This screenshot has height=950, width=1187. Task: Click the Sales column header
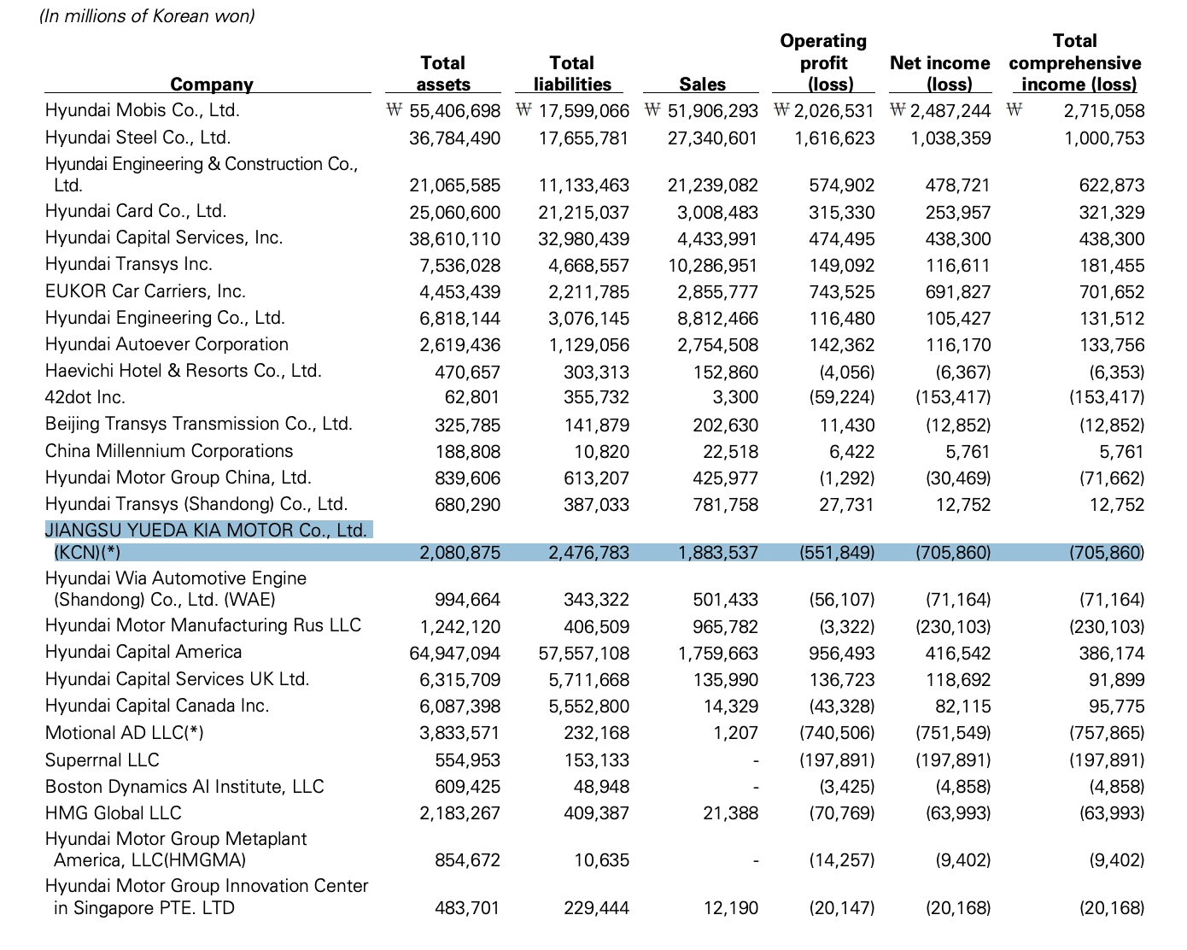pyautogui.click(x=702, y=84)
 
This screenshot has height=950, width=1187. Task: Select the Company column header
pyautogui.click(x=212, y=85)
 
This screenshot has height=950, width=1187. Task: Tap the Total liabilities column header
pyautogui.click(x=572, y=73)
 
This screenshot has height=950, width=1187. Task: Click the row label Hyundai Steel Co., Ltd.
pyautogui.click(x=137, y=138)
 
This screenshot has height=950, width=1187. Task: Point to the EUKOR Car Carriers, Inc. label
pyautogui.click(x=145, y=291)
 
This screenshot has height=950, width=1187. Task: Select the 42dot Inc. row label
pyautogui.click(x=85, y=397)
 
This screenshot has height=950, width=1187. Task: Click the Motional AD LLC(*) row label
pyautogui.click(x=124, y=732)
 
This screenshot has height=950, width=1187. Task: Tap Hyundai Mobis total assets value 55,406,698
pyautogui.click(x=454, y=111)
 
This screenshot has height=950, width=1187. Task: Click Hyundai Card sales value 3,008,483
pyautogui.click(x=717, y=213)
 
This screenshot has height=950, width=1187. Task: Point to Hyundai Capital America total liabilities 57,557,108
pyautogui.click(x=583, y=654)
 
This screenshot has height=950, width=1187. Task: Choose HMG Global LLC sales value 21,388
pyautogui.click(x=730, y=813)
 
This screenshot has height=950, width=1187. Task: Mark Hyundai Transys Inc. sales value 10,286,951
pyautogui.click(x=713, y=266)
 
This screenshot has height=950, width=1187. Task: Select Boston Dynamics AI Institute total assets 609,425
pyautogui.click(x=467, y=787)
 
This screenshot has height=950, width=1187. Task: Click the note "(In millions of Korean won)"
pyautogui.click(x=147, y=16)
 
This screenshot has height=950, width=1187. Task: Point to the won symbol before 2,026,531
pyautogui.click(x=781, y=109)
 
